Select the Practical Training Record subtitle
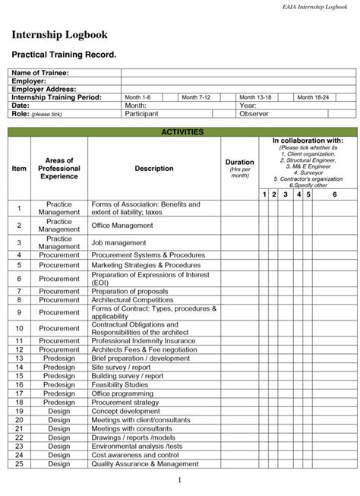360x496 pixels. (x=63, y=55)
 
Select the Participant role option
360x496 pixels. (x=141, y=114)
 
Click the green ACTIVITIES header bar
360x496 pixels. (x=182, y=132)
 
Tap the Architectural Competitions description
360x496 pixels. (x=132, y=300)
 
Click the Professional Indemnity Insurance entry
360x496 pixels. (x=144, y=341)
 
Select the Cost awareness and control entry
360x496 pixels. (x=135, y=455)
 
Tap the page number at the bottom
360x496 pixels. (x=180, y=481)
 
